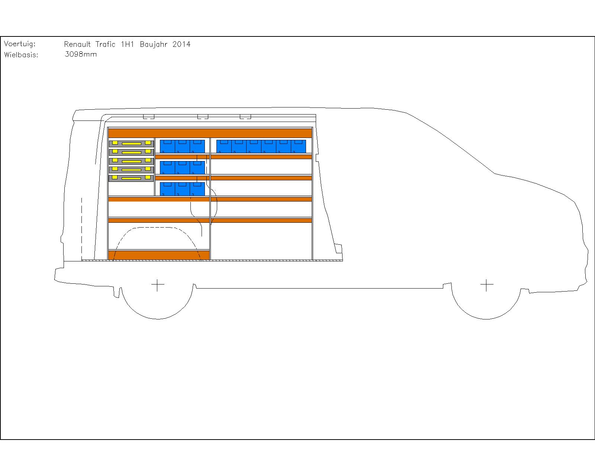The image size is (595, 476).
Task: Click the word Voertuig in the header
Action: (x=20, y=44)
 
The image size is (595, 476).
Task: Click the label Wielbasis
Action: (x=21, y=55)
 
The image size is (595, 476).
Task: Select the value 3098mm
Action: (x=80, y=54)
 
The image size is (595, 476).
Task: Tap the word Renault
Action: (x=77, y=44)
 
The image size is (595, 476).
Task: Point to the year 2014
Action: (x=181, y=44)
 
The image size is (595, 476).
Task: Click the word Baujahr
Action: (x=154, y=45)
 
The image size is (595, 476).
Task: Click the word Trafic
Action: (x=105, y=44)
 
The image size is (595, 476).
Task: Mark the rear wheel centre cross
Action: (x=158, y=285)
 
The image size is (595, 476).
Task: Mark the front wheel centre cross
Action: (x=487, y=285)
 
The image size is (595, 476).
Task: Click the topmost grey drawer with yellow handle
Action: (x=131, y=144)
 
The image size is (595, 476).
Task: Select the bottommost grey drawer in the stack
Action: (x=131, y=178)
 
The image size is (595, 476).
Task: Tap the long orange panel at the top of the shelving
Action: (x=210, y=133)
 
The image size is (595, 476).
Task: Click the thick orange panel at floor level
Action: (x=159, y=255)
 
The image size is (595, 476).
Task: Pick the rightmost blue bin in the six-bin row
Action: (x=298, y=146)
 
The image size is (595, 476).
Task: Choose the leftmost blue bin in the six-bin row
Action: (x=224, y=146)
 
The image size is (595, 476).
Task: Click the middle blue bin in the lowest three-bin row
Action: (x=182, y=189)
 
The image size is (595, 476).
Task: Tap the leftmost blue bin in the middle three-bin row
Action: (x=167, y=168)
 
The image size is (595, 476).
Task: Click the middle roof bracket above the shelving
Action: (x=203, y=116)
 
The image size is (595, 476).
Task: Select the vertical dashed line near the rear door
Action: (x=81, y=229)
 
